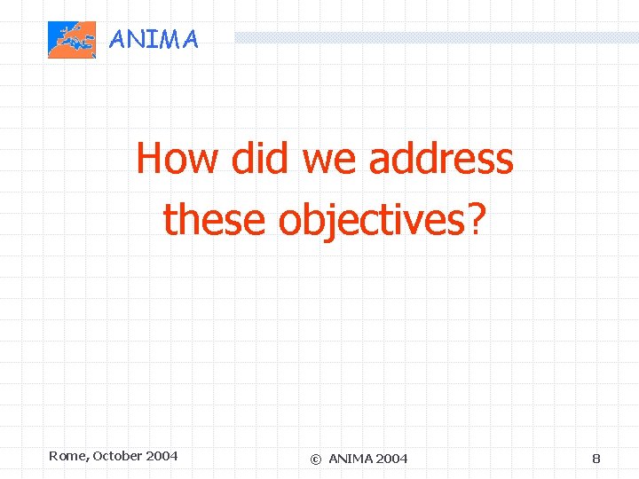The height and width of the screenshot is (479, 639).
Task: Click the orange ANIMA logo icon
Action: (71, 40)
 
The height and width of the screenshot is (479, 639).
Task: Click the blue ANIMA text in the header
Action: (153, 39)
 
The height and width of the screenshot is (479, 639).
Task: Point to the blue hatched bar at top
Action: (435, 37)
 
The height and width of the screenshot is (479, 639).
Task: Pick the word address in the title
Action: (441, 160)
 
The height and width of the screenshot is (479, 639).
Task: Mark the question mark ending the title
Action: (477, 219)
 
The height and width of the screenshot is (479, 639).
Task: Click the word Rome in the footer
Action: (67, 456)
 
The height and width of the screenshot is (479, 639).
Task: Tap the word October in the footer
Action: (116, 456)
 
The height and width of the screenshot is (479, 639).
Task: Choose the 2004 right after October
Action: (162, 456)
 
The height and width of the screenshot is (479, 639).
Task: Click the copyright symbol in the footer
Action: (315, 459)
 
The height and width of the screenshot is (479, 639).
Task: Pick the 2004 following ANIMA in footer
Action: (392, 459)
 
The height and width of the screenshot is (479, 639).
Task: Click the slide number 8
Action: (596, 459)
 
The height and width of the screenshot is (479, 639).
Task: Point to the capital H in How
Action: (150, 160)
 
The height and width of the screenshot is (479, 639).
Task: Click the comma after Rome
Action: (87, 459)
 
